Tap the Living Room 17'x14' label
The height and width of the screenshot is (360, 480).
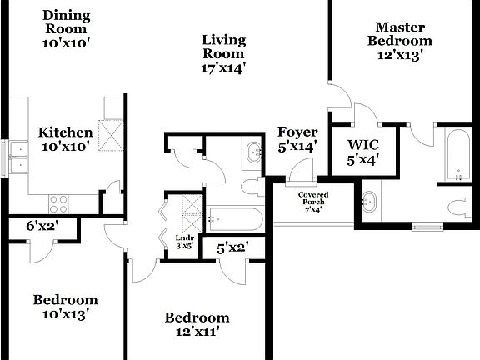click(x=223, y=52)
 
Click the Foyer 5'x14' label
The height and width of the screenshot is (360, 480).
click(x=297, y=139)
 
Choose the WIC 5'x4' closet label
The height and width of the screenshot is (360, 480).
click(x=362, y=153)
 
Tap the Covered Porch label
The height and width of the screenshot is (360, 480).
click(x=313, y=201)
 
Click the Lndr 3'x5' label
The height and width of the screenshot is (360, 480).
click(x=184, y=241)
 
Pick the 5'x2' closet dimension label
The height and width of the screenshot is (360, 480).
click(x=232, y=247)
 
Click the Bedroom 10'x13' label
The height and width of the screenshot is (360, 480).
click(x=65, y=307)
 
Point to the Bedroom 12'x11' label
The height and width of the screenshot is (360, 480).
click(x=197, y=324)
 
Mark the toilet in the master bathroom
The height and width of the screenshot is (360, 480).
click(x=459, y=207)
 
